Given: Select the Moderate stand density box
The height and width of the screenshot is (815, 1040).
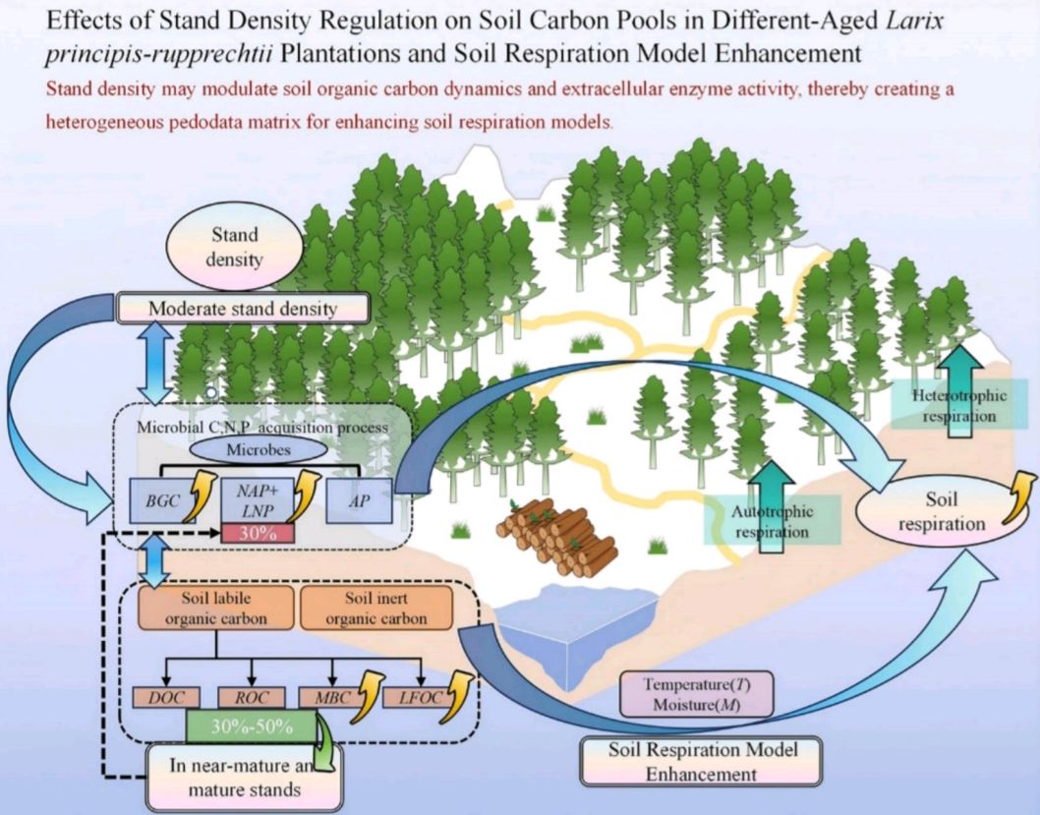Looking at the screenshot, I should [242, 309].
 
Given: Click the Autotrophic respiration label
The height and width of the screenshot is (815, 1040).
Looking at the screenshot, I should [772, 521].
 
